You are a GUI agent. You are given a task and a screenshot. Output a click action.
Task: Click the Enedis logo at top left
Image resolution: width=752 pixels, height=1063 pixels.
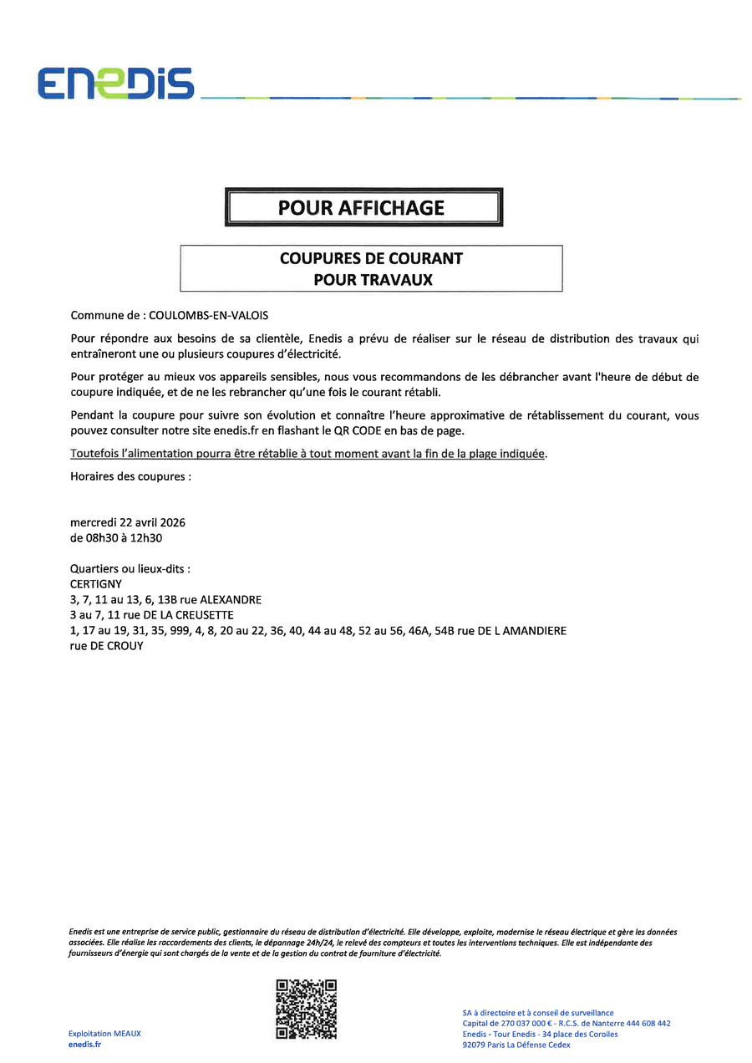coord(115,84)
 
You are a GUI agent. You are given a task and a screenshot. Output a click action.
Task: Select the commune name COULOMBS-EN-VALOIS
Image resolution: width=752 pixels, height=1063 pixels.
coord(209,316)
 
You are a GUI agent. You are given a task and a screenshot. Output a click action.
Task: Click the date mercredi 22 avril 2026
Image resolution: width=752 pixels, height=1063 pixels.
coord(128,522)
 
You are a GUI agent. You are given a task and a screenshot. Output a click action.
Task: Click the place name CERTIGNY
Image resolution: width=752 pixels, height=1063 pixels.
coord(96,584)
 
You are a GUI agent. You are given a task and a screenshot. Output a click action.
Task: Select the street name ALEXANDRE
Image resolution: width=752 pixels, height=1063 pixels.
coord(231,600)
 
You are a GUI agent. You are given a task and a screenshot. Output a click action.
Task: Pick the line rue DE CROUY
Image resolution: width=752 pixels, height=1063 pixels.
coord(107,646)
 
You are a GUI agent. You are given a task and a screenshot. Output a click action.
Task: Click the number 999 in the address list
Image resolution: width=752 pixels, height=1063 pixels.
coord(182,631)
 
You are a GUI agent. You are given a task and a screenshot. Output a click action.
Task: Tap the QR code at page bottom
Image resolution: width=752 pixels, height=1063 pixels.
coord(307,1009)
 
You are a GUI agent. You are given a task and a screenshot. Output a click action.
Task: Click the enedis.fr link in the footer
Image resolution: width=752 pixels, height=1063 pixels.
coord(84,1045)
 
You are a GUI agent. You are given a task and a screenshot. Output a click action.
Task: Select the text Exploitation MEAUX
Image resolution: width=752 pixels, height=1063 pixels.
coord(104,1034)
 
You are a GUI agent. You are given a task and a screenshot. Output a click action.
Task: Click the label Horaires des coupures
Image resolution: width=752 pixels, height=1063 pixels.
coord(131,476)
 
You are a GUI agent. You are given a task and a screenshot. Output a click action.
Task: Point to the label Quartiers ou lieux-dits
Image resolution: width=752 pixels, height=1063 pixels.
coord(130,568)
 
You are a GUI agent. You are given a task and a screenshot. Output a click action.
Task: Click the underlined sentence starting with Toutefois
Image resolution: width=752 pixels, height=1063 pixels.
coord(308,454)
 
